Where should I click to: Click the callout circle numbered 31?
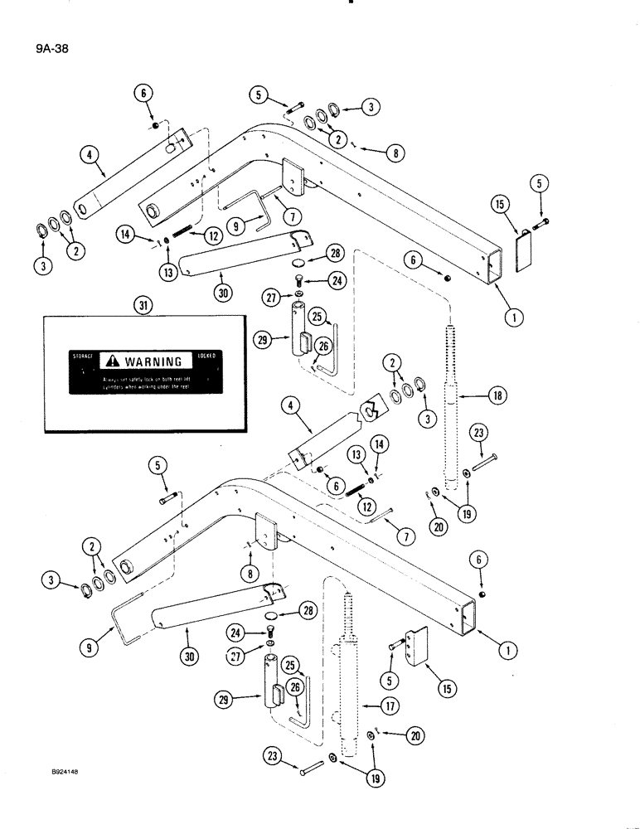139,305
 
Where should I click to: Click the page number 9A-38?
52,49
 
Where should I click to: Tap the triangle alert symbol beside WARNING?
112,361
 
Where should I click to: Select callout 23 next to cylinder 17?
274,755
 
